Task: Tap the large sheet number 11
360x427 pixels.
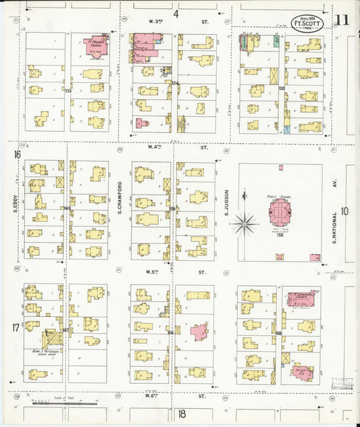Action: coord(342,20)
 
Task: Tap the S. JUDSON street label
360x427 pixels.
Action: coord(227,203)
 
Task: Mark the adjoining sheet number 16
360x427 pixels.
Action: coord(16,155)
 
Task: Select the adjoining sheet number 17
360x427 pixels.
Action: coord(16,328)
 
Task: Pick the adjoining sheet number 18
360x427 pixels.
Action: coord(181,413)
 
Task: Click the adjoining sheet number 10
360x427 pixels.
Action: coord(344,211)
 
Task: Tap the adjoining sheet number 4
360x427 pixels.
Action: coord(176,14)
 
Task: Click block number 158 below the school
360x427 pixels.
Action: coord(279,254)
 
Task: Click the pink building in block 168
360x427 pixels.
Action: coord(199,332)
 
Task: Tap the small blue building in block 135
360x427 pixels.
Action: coord(287,128)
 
